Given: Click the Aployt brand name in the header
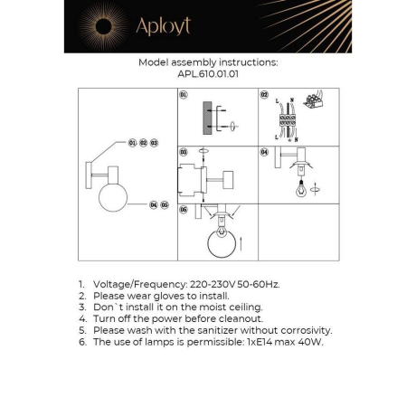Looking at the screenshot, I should [x=163, y=26].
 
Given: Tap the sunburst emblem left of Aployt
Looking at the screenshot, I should [x=98, y=26].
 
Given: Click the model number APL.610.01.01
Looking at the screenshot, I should [x=208, y=76].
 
